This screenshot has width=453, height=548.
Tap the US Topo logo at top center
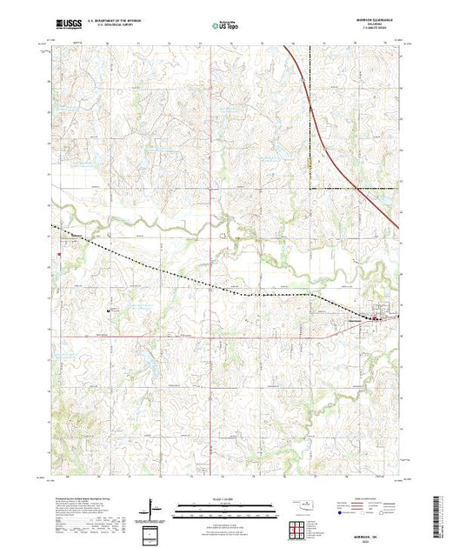point(227,27)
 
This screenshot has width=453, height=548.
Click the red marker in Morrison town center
point(376,319)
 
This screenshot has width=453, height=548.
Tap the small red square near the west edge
point(57,255)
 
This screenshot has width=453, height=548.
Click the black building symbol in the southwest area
point(109,309)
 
